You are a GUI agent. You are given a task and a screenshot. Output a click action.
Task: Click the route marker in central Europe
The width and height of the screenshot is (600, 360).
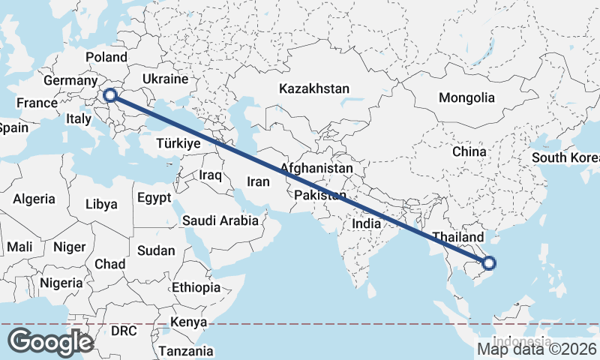point(110,95)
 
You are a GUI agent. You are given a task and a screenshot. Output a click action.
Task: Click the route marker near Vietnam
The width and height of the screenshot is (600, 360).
point(489,262)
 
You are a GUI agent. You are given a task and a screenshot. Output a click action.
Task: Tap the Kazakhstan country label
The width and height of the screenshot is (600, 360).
point(314,88)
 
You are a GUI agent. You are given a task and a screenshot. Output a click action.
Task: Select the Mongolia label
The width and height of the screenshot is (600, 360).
point(466,97)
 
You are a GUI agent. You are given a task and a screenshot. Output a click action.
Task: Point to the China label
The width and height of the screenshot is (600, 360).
point(469,151)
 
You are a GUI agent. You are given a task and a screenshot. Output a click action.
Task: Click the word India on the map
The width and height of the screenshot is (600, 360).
point(367,223)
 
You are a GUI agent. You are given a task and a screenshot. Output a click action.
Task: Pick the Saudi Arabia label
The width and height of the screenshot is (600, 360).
point(220,220)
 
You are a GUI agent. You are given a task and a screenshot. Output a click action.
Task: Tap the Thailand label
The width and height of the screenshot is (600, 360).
point(452,236)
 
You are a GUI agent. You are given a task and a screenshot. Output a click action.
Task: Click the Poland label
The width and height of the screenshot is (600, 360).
point(106,58)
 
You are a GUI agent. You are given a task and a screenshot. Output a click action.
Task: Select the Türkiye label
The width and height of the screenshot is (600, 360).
point(178,143)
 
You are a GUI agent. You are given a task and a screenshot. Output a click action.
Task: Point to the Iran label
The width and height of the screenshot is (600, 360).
point(258,181)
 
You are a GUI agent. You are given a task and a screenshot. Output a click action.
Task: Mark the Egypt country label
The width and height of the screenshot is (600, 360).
point(154,198)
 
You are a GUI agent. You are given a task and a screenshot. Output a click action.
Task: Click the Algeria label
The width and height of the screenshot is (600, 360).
point(34,199)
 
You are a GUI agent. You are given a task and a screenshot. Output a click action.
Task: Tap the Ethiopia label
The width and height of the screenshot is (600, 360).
point(196,287)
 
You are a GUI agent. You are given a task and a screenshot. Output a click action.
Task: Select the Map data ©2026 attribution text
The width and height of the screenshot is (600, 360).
point(537,349)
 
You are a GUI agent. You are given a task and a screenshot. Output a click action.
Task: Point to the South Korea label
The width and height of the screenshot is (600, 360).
point(565,158)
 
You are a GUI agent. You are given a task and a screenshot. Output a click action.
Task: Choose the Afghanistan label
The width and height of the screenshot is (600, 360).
point(316,169)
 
